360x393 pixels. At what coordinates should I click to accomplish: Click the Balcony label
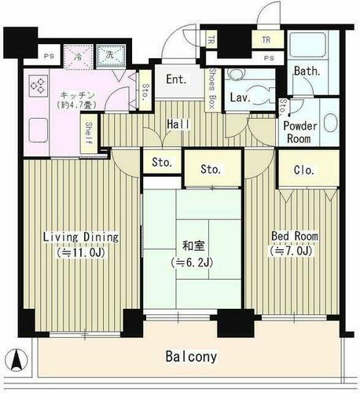click(x=192, y=356)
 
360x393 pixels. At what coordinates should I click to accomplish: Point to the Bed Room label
click(x=294, y=236)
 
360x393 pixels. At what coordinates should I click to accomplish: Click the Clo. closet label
click(x=305, y=168)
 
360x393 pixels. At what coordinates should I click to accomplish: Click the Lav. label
click(x=239, y=98)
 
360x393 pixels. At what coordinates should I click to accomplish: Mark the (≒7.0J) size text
click(x=294, y=252)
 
